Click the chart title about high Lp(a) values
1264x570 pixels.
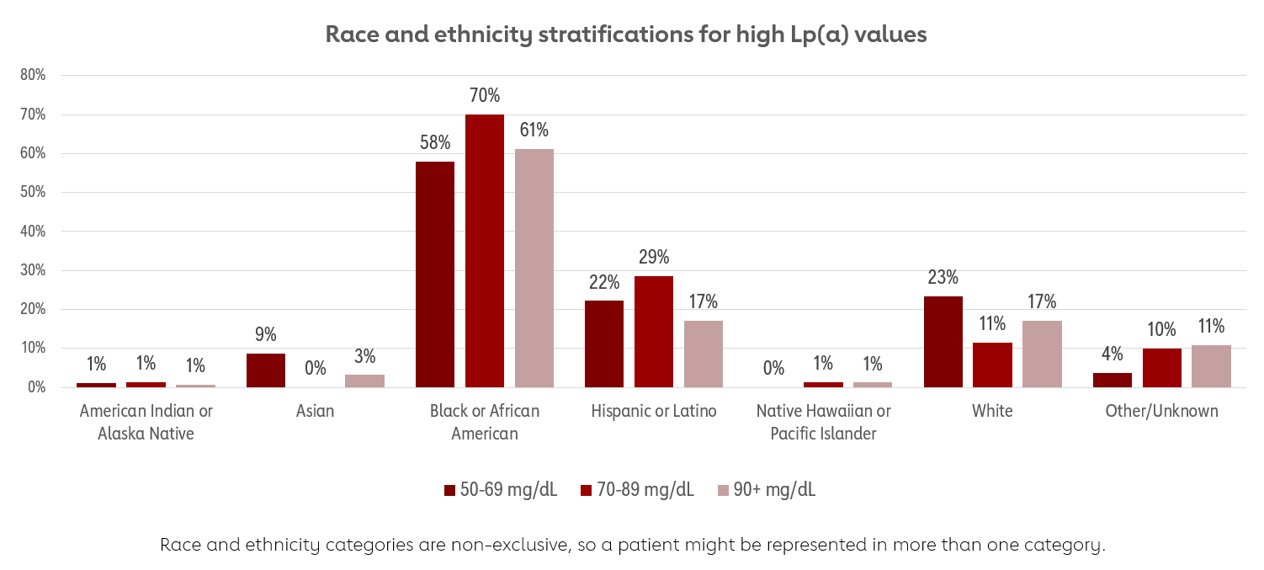point(625,35)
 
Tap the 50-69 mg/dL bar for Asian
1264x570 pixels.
point(266,370)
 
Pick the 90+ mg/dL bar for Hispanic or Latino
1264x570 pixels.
point(704,354)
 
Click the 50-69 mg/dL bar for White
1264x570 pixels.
point(943,342)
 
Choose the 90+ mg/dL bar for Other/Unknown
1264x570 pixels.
point(1211,366)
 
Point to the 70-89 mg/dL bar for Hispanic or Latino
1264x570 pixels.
point(654,332)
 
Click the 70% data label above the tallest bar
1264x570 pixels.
point(485,96)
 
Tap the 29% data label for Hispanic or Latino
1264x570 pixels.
point(654,258)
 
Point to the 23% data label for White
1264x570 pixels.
point(943,278)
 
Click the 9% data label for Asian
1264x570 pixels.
point(266,334)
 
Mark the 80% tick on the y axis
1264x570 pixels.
point(33,75)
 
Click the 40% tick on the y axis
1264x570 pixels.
point(33,231)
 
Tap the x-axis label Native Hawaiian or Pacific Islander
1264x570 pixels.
point(823,423)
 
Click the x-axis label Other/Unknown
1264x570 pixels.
point(1161,412)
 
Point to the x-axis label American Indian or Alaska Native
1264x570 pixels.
point(146,423)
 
